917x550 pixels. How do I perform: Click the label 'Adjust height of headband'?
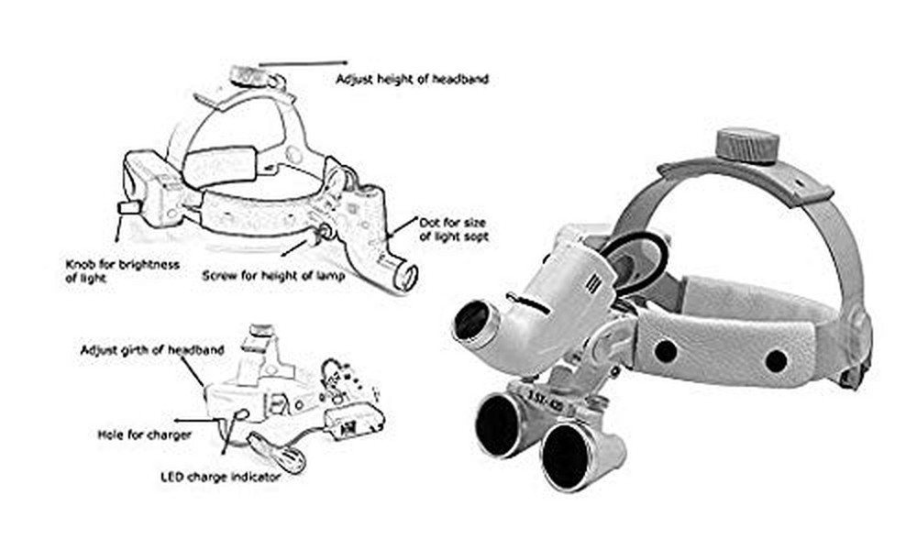click(412, 79)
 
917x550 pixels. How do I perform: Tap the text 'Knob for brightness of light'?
click(122, 271)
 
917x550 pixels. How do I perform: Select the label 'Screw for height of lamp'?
click(273, 275)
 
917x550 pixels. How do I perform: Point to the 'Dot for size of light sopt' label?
click(453, 229)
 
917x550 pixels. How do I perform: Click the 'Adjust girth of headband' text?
click(152, 350)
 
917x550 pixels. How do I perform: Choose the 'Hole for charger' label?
click(145, 434)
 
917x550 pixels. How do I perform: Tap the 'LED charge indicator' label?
click(220, 477)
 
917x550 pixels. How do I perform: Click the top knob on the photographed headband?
click(747, 145)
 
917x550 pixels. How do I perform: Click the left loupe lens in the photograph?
click(499, 424)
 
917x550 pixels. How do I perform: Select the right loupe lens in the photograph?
click(565, 456)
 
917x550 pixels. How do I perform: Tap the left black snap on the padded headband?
click(666, 351)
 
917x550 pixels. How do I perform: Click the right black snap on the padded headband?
click(776, 361)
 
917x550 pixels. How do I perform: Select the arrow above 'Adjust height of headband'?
click(303, 63)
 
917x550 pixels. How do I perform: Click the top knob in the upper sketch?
click(249, 76)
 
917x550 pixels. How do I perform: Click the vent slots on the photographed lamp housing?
click(592, 282)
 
